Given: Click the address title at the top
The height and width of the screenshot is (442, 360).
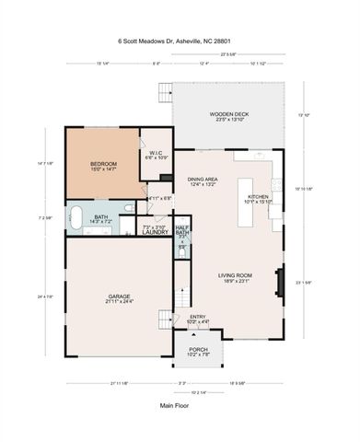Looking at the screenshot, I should (x=179, y=41).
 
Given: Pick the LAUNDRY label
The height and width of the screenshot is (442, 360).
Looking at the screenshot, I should (x=154, y=232).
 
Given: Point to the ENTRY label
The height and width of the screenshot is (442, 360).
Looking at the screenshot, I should (x=197, y=318).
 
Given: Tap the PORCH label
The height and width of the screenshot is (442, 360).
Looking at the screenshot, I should (x=198, y=349).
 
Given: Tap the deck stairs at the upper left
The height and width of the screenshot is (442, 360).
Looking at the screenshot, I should (x=166, y=93).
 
